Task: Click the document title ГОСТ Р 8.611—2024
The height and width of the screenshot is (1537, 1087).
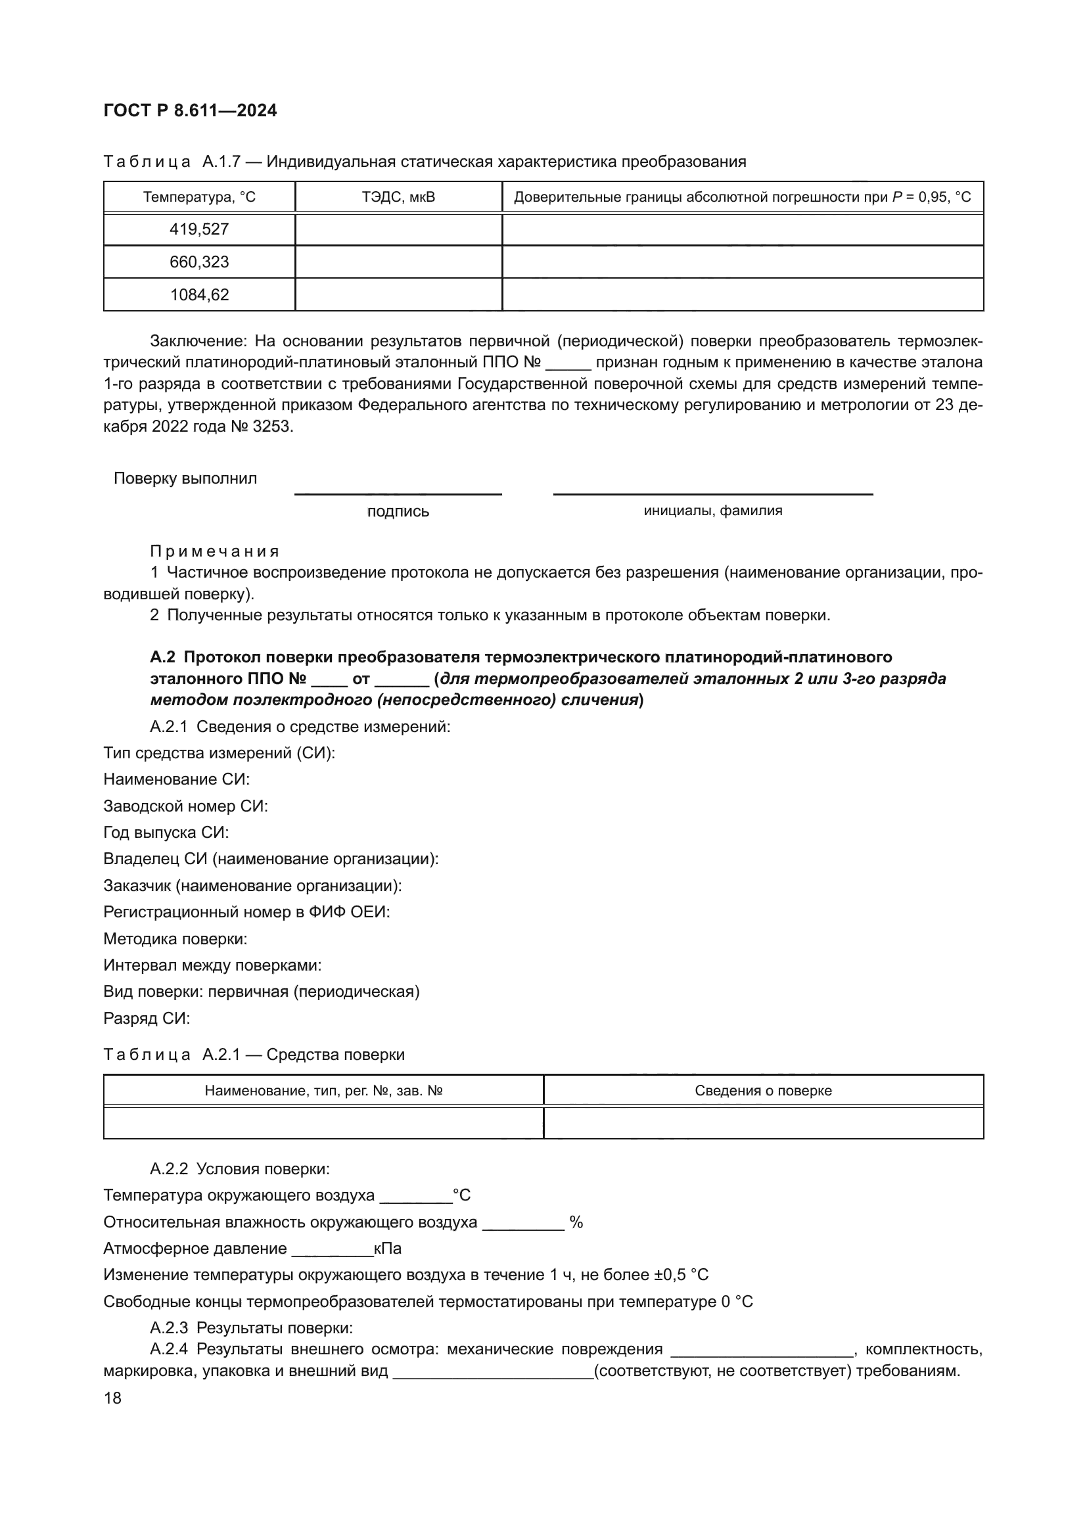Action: click(190, 111)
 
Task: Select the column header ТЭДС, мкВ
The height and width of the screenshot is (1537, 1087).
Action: click(398, 197)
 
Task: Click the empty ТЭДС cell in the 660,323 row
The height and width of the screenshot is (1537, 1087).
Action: click(398, 262)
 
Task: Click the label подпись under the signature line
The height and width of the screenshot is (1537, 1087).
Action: click(398, 512)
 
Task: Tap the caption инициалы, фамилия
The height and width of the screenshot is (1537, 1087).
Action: click(713, 511)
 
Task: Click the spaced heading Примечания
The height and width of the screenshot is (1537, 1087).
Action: click(214, 551)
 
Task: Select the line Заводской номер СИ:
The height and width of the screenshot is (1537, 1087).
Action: click(185, 806)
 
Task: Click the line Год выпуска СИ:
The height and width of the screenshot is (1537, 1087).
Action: click(166, 833)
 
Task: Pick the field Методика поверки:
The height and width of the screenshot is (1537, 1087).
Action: click(175, 939)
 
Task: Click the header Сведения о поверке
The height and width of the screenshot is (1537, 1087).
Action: click(763, 1091)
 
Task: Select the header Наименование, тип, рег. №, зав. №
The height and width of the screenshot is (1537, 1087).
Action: click(323, 1091)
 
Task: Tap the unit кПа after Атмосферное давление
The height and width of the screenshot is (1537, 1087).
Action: click(388, 1249)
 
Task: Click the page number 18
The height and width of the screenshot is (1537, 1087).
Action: click(112, 1398)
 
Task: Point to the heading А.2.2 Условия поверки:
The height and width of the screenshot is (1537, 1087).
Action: click(240, 1170)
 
